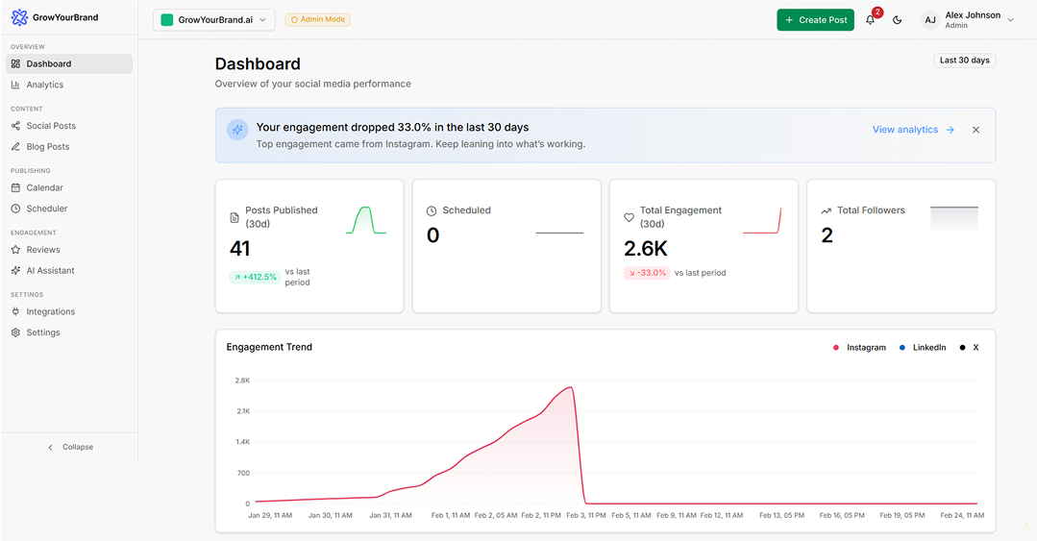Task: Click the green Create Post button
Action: point(815,19)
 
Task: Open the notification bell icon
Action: point(871,19)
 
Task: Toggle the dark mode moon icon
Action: point(898,19)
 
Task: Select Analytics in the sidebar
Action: point(44,85)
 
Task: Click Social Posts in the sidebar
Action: point(51,126)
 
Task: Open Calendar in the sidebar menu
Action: point(44,187)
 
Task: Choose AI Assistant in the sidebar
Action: point(50,271)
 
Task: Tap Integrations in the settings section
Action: point(50,311)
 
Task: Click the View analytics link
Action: point(913,130)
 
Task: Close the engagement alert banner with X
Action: point(975,130)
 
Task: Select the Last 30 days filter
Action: point(964,61)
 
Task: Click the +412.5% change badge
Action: point(254,277)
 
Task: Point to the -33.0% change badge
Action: point(647,273)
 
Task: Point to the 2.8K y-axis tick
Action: point(242,381)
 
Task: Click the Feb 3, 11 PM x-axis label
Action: point(586,515)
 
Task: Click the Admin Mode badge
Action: point(318,19)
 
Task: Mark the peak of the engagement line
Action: point(572,387)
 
